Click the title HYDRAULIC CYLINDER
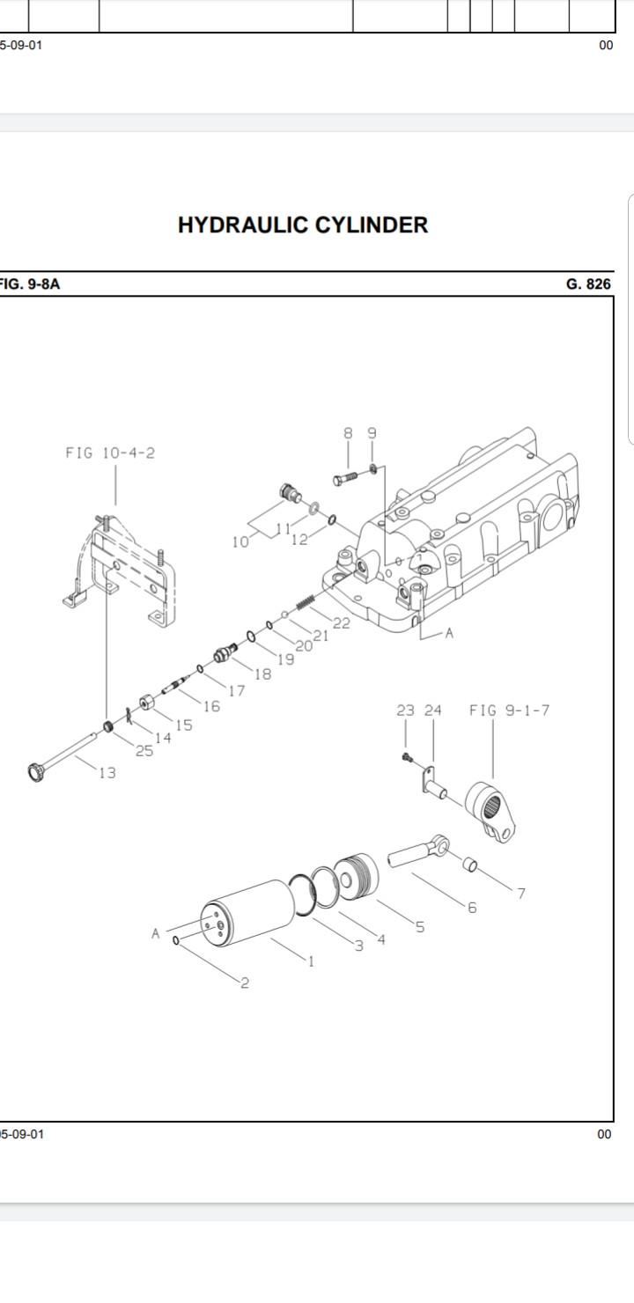pos(303,225)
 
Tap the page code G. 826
pos(588,284)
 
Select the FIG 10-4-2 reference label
pos(115,453)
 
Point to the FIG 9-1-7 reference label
pos(509,710)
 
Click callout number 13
pos(107,773)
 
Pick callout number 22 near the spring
pos(342,624)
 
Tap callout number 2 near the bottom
pos(244,983)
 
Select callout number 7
pos(521,893)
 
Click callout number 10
pos(240,541)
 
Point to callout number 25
pos(144,751)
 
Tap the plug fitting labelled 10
pos(289,491)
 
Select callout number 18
pos(262,674)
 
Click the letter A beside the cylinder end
pos(156,933)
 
